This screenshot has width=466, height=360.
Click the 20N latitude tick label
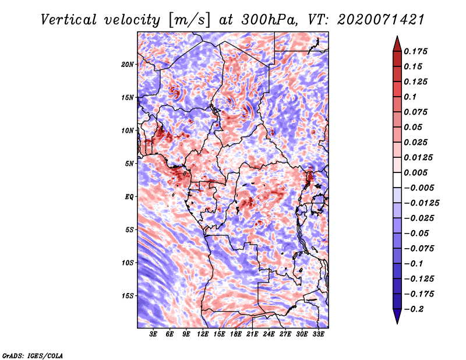tap(128, 65)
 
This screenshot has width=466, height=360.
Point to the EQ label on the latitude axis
tap(129, 197)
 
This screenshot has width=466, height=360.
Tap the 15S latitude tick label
tap(128, 296)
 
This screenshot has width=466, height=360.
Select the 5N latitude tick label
tap(129, 164)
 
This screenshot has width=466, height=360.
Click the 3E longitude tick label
tap(153, 334)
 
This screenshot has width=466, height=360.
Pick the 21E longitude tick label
tap(252, 334)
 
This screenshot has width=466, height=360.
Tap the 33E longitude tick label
tap(318, 334)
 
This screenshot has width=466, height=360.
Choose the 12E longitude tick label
tap(202, 334)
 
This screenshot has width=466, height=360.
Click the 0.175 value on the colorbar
tap(415, 51)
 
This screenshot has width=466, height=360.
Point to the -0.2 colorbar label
tap(414, 309)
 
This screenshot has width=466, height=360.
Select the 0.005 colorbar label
tap(415, 172)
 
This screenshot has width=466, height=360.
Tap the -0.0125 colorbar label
tap(421, 203)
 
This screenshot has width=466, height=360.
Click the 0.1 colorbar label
tap(410, 97)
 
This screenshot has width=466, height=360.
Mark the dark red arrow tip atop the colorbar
tap(397, 37)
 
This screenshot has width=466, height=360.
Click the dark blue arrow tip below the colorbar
tap(397, 323)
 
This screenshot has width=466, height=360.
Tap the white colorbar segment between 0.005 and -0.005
tap(397, 180)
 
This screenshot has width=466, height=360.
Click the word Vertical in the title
tap(69, 20)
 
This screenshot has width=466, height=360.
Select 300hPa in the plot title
tap(269, 20)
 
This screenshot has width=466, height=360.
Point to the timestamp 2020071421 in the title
tap(381, 20)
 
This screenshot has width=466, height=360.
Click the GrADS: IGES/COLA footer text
tap(33, 356)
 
